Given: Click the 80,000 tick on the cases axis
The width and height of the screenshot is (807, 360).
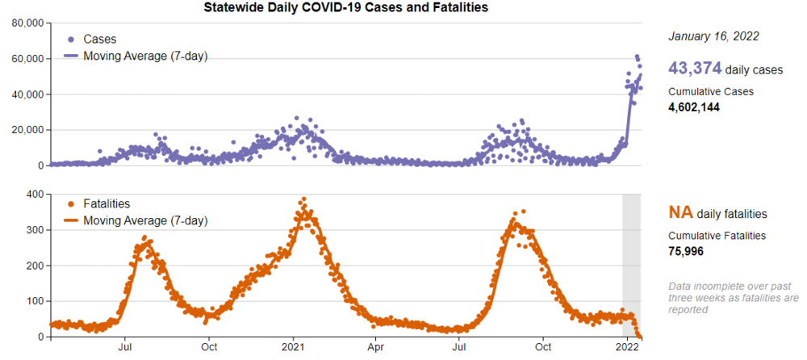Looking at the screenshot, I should click(x=27, y=23).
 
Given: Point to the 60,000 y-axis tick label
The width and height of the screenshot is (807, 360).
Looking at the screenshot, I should click(x=27, y=59).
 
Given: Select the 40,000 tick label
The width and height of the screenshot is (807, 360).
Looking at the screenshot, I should click(x=27, y=94).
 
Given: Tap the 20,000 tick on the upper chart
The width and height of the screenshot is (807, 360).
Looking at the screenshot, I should click(x=27, y=130).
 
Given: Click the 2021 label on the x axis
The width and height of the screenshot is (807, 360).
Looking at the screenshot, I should click(x=293, y=348).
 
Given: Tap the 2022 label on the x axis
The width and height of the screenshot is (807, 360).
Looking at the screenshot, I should click(x=627, y=348).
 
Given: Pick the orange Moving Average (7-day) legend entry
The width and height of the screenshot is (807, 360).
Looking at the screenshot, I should click(x=145, y=220).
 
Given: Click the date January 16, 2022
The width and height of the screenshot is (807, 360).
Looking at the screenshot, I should click(x=713, y=36).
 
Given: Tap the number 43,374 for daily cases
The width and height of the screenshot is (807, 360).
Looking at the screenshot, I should click(x=695, y=69).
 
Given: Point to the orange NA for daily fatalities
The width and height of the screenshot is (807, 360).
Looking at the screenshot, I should click(x=679, y=213).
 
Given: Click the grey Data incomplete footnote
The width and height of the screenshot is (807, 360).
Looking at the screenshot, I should click(x=733, y=297).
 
